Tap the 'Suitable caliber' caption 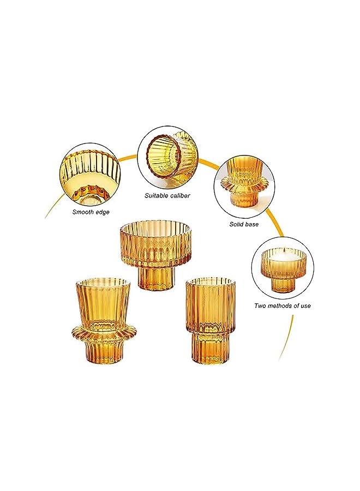pyautogui.click(x=167, y=195)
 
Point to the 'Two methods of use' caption pyautogui.click(x=283, y=306)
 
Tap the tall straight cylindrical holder pyautogui.click(x=203, y=322)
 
